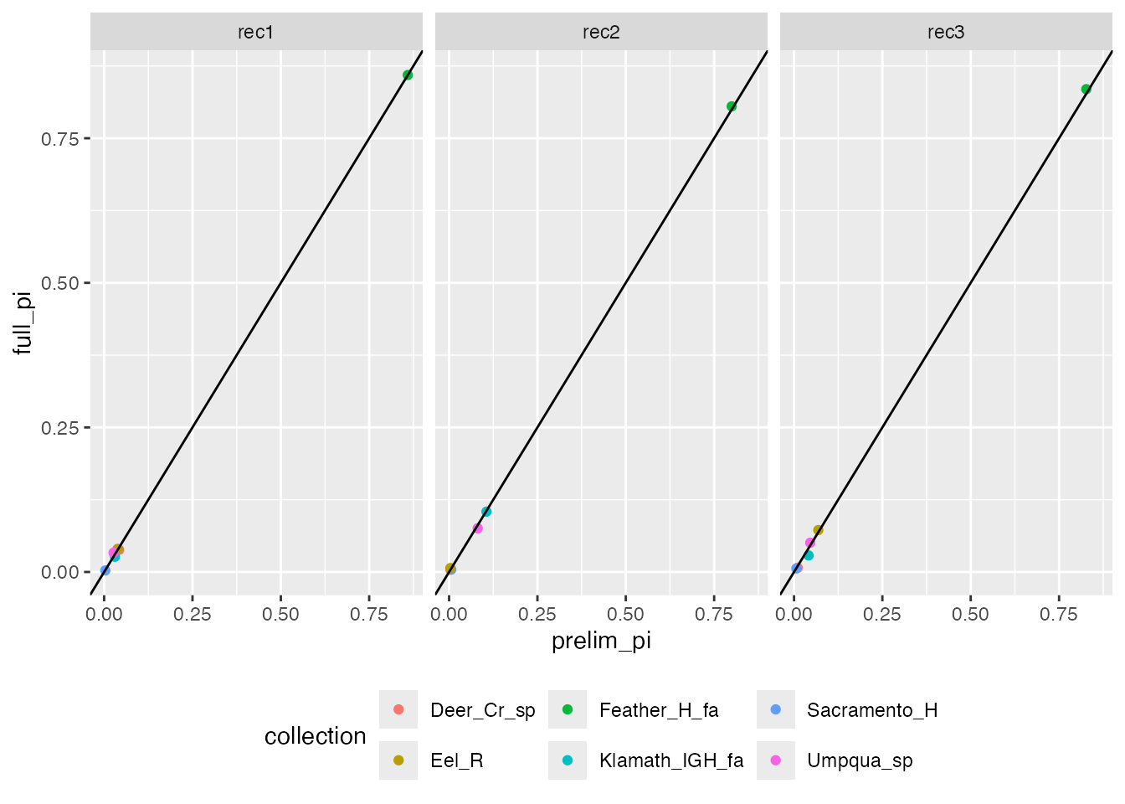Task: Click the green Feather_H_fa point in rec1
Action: tap(408, 75)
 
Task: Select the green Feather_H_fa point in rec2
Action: tap(732, 106)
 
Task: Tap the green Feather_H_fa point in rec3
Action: tap(1086, 90)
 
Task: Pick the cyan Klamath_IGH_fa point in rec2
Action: tap(486, 512)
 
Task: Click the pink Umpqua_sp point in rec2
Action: tap(478, 528)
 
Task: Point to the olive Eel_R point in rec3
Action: tap(818, 530)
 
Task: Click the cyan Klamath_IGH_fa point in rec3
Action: tap(809, 555)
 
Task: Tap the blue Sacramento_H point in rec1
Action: tap(105, 570)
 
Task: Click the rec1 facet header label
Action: tap(256, 32)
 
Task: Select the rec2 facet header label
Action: tap(601, 32)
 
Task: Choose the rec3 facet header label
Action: tap(946, 32)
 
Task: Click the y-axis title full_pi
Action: tap(23, 323)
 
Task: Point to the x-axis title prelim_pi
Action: tap(601, 641)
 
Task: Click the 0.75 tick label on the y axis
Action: tap(60, 139)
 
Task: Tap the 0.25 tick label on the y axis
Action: tap(60, 428)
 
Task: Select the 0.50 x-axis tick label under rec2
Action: tap(625, 615)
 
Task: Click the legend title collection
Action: tap(316, 736)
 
